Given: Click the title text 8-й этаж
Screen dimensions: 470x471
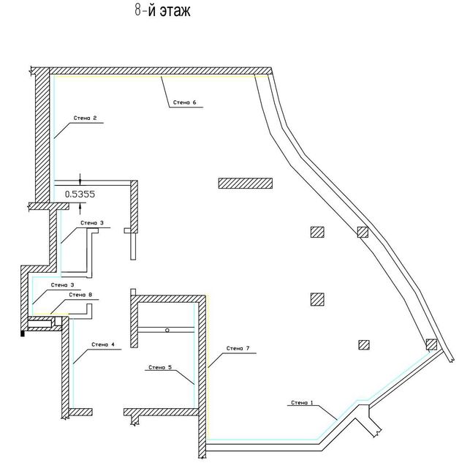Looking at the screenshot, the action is (162, 10).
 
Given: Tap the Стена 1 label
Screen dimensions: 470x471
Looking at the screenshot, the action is (302, 402).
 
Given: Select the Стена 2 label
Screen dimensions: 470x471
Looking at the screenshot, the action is (86, 118).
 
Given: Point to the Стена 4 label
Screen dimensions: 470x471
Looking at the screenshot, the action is (103, 344).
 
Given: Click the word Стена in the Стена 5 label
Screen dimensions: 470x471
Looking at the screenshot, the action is (156, 367).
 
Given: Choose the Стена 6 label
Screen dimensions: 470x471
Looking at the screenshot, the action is (185, 102).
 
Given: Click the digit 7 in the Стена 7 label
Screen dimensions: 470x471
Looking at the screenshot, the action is (248, 348).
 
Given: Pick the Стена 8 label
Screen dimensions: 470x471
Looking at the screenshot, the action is (80, 295).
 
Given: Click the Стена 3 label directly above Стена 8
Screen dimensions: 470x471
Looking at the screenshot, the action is (62, 285).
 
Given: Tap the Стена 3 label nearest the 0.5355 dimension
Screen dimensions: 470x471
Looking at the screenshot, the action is (92, 223).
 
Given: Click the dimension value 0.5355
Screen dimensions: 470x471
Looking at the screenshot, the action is (80, 194).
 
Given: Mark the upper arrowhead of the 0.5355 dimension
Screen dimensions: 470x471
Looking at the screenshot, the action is (80, 182).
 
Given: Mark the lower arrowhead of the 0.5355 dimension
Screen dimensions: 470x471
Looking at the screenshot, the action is (80, 206).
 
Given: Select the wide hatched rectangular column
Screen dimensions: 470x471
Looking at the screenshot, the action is (246, 184).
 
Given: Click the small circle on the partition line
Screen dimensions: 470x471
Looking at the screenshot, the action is (167, 330).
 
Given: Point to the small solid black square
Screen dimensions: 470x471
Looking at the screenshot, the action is (22, 334).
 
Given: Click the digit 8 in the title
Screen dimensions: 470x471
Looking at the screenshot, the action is (137, 10).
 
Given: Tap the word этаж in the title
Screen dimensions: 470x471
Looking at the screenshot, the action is (175, 11).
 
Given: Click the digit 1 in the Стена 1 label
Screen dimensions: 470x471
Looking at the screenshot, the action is (311, 402).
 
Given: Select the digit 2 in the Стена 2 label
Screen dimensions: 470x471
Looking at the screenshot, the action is (95, 118).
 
